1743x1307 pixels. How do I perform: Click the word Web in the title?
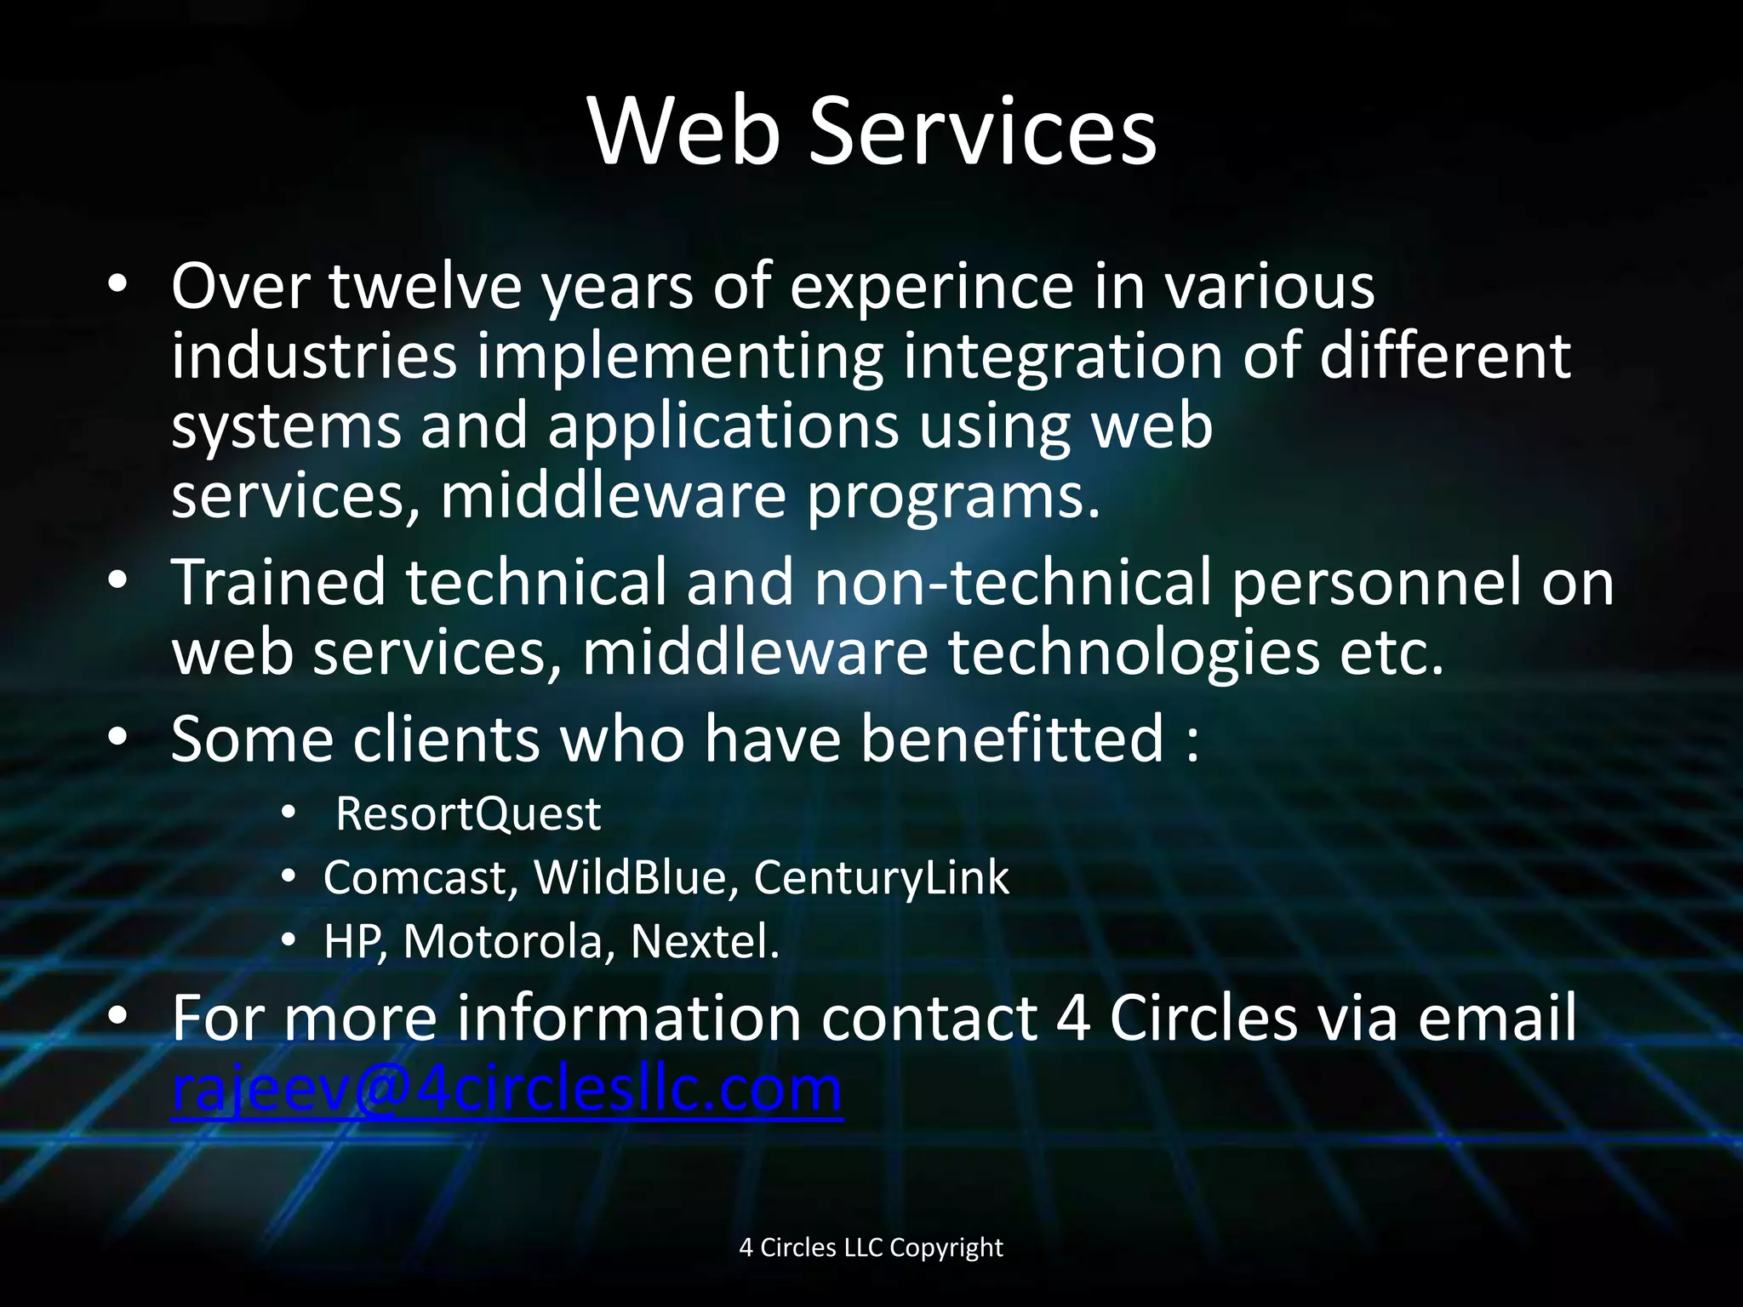click(x=683, y=131)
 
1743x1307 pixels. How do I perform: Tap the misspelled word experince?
click(x=932, y=286)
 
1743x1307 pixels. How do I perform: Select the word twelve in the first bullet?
click(x=425, y=286)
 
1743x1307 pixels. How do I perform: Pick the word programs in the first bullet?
click(x=953, y=498)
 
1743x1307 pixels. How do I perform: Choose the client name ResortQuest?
click(x=468, y=814)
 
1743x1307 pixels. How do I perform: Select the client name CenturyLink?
click(x=881, y=877)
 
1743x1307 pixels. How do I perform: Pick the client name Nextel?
click(x=705, y=942)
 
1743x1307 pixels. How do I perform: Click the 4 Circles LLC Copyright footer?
click(x=871, y=1247)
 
